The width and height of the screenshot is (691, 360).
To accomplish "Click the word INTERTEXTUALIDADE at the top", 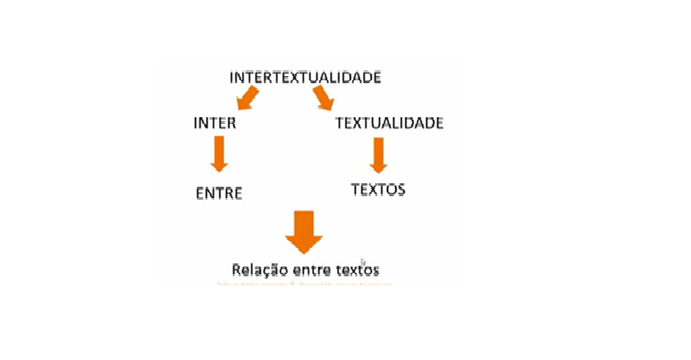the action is pyautogui.click(x=305, y=77).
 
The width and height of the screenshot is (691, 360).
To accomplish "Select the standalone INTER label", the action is pyautogui.click(x=214, y=123).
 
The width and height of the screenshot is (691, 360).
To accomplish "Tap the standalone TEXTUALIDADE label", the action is pyautogui.click(x=389, y=123).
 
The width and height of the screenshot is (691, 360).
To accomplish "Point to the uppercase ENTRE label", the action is pyautogui.click(x=219, y=193).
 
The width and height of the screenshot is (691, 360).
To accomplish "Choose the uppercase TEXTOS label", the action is pyautogui.click(x=378, y=189).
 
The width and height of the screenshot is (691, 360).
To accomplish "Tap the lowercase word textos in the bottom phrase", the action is pyautogui.click(x=358, y=270).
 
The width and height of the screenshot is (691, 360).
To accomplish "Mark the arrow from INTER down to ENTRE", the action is pyautogui.click(x=219, y=152).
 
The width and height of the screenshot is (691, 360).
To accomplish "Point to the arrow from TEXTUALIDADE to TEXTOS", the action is pyautogui.click(x=378, y=153).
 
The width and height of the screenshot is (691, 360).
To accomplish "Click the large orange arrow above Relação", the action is pyautogui.click(x=304, y=231).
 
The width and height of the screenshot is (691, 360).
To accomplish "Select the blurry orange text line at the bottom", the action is pyautogui.click(x=305, y=284).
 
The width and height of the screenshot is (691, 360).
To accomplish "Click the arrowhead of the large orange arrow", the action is pyautogui.click(x=304, y=244).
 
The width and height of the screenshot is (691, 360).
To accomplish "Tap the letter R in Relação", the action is pyautogui.click(x=236, y=270).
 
